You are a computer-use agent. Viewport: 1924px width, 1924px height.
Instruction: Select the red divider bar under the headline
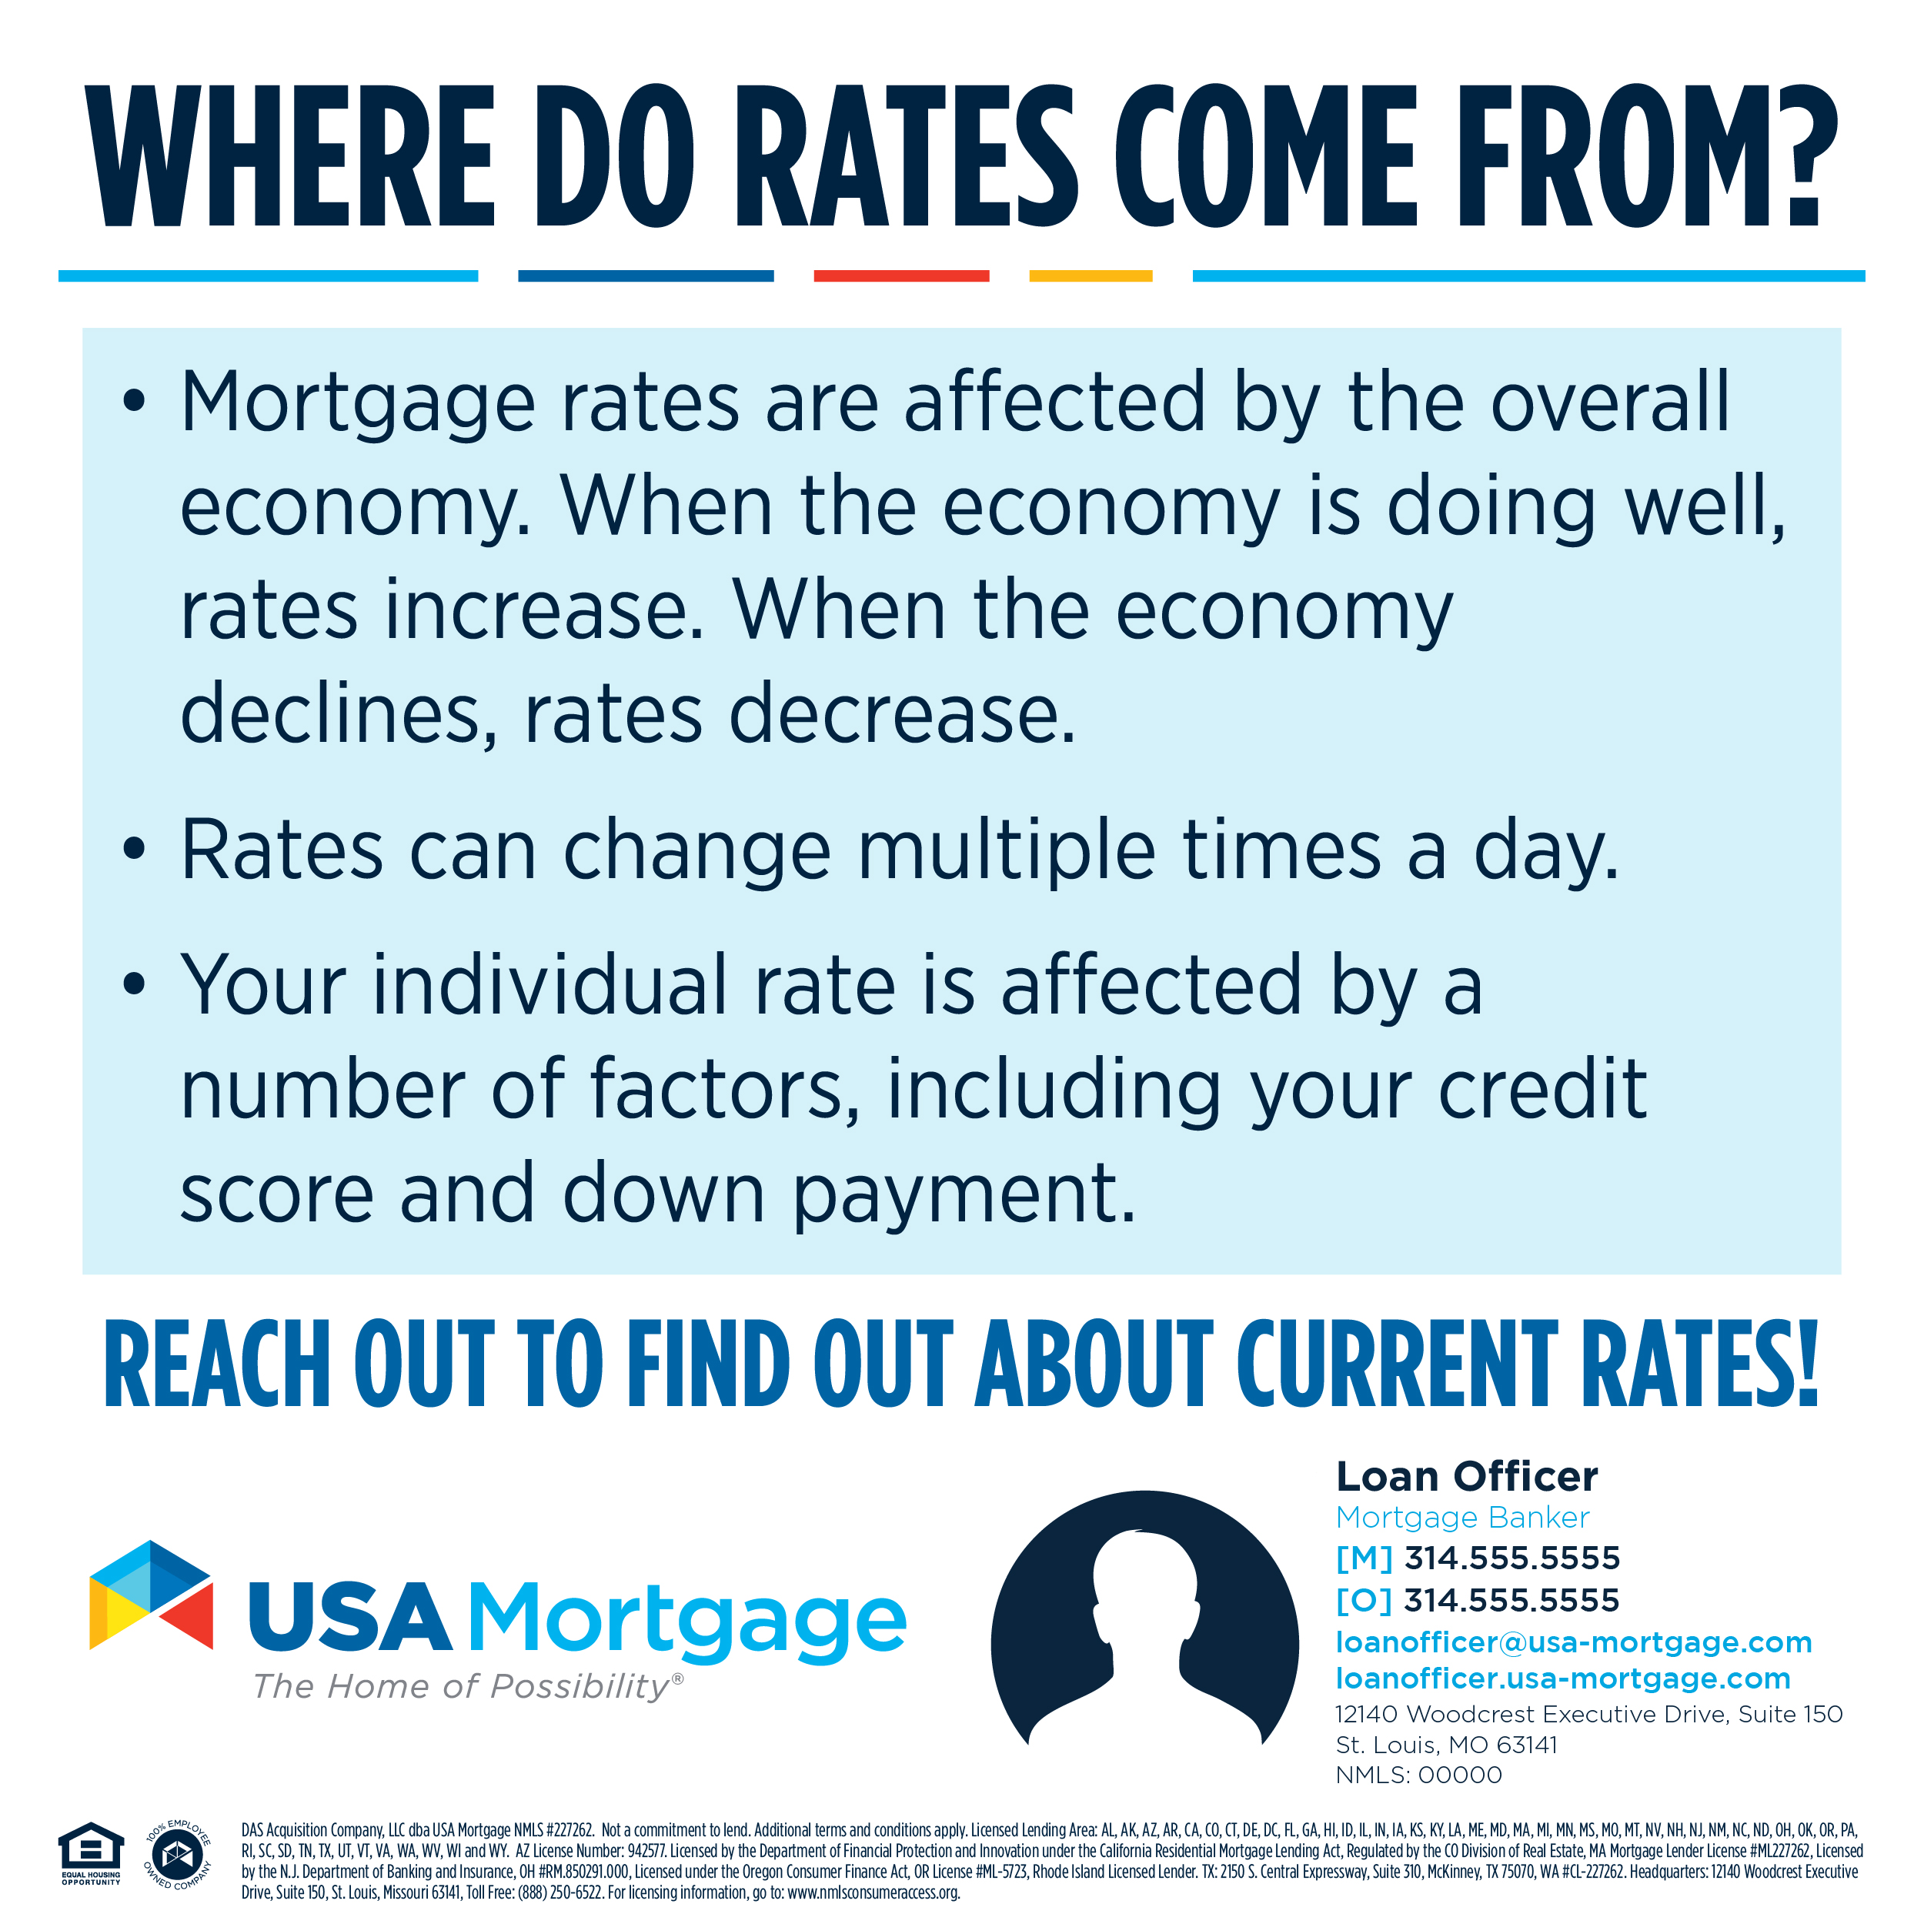[901, 276]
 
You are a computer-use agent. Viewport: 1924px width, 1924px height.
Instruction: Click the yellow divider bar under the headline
[1091, 276]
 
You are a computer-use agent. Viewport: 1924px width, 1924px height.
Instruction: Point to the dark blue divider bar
[646, 276]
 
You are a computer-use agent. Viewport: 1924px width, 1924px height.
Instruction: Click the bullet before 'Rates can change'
[135, 850]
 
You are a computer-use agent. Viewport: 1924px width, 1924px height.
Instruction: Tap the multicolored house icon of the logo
[152, 1595]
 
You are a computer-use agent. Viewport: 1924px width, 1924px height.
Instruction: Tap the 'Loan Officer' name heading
[1467, 1476]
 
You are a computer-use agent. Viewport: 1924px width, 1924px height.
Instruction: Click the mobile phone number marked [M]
[1511, 1558]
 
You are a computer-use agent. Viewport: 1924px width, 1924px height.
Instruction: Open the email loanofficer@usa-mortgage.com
[1574, 1642]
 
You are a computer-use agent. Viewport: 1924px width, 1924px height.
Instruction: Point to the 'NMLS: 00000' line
[1419, 1775]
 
